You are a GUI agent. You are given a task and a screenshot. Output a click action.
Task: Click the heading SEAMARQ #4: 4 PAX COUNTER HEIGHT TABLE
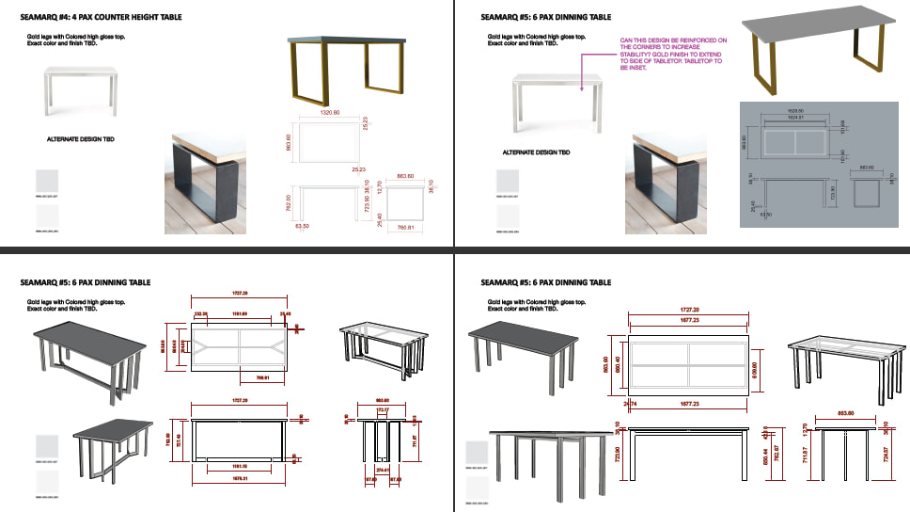[114, 17]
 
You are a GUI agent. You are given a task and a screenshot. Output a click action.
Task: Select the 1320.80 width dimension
[328, 111]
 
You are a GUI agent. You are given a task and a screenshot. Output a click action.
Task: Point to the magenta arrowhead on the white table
[584, 89]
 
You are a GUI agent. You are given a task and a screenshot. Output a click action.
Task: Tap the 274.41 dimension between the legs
[382, 469]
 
